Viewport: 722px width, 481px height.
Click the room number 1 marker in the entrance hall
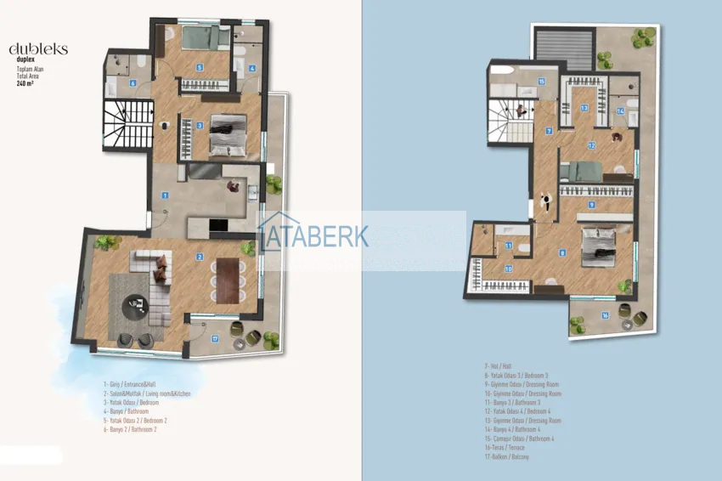pyautogui.click(x=166, y=195)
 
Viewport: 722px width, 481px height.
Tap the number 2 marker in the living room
pyautogui.click(x=200, y=257)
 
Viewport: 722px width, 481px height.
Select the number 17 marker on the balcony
pyautogui.click(x=216, y=338)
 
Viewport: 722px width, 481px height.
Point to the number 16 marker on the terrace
pyautogui.click(x=604, y=315)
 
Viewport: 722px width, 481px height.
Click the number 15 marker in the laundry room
pyautogui.click(x=541, y=82)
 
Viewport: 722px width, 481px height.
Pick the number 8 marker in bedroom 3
pyautogui.click(x=561, y=252)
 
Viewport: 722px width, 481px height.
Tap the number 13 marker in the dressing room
pyautogui.click(x=584, y=108)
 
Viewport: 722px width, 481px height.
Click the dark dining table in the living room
pyautogui.click(x=226, y=280)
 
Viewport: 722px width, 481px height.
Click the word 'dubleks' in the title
pyautogui.click(x=37, y=49)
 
